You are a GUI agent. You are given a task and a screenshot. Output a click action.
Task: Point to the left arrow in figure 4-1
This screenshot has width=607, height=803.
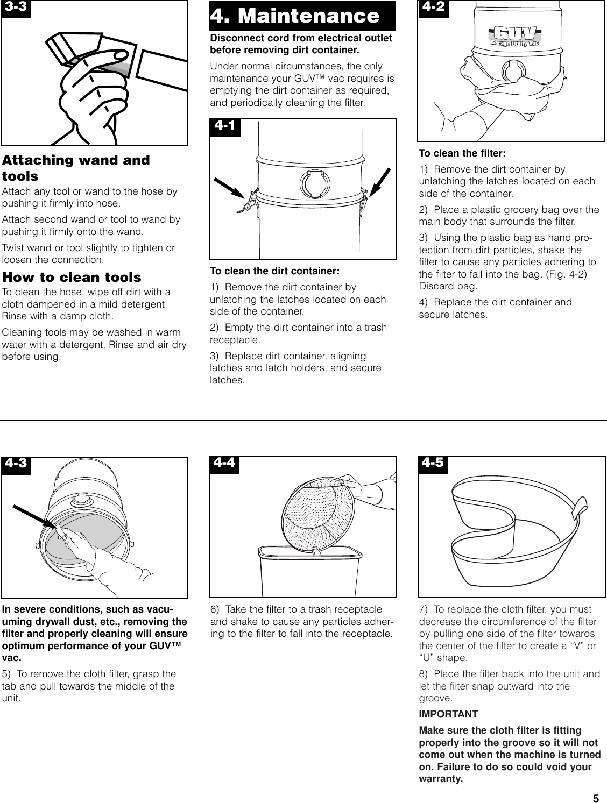click(x=230, y=188)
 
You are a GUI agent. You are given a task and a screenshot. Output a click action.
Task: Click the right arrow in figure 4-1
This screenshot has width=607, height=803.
click(x=380, y=182)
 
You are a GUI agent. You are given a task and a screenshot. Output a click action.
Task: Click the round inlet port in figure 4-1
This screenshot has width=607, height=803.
click(x=315, y=183)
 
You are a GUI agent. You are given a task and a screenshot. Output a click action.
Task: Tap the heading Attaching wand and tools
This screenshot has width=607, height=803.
click(x=76, y=168)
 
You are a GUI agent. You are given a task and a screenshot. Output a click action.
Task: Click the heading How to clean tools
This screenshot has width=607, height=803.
click(x=72, y=278)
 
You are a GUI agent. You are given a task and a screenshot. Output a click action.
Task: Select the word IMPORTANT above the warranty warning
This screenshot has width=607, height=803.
click(x=448, y=714)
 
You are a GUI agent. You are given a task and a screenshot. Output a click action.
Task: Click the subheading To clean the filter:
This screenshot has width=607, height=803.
click(x=462, y=153)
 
